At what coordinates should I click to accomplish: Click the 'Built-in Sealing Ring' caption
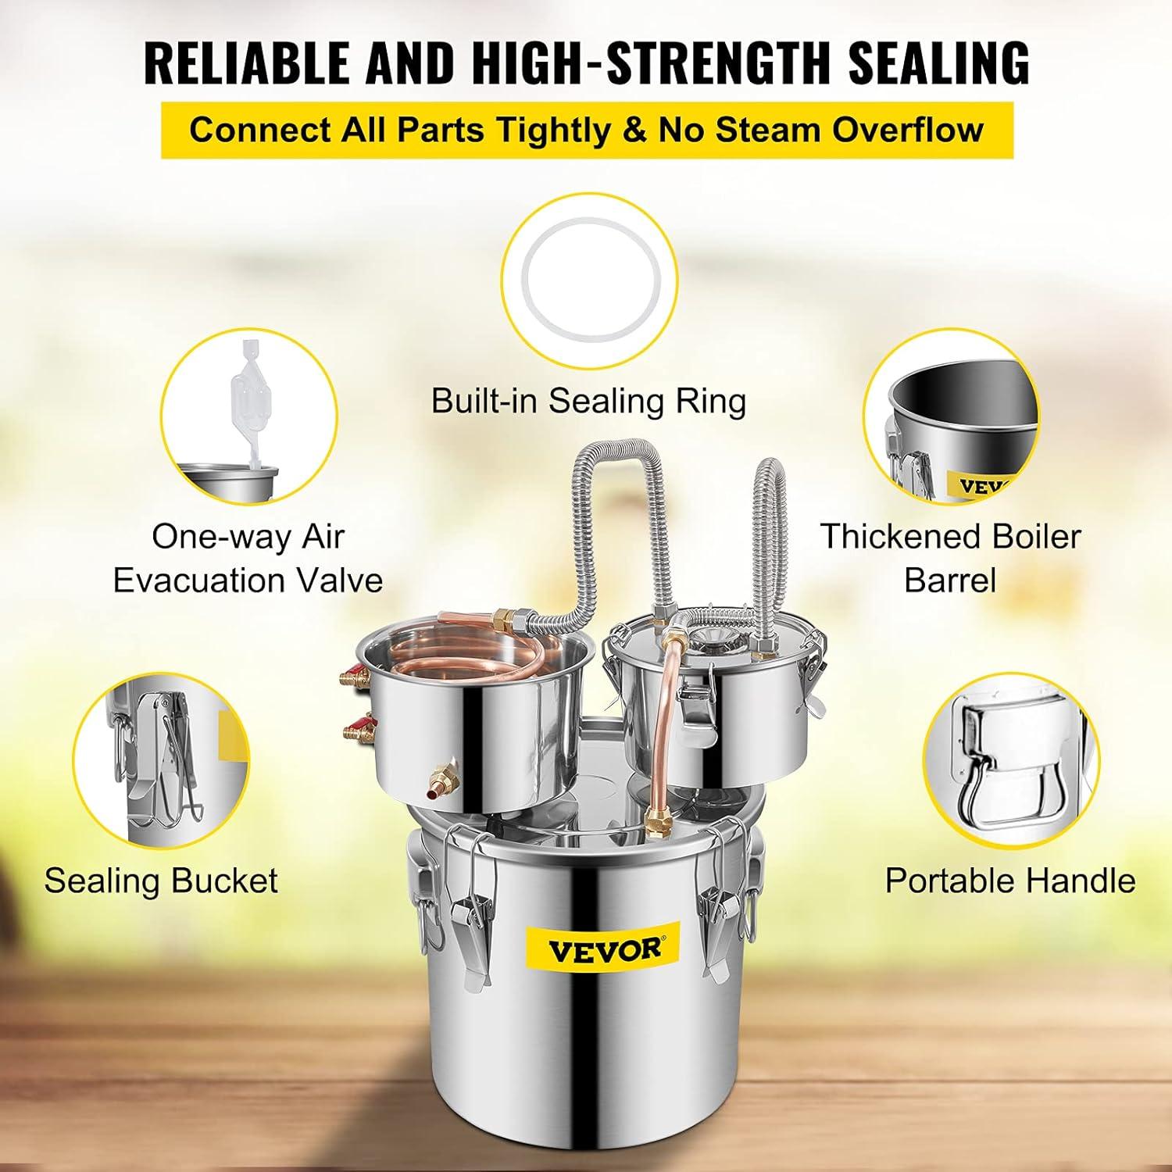pos(589,401)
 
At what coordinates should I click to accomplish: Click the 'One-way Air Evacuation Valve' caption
pos(248,559)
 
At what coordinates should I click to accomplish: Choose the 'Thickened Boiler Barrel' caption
pos(950,558)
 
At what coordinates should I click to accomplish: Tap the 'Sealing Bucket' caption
pos(161,881)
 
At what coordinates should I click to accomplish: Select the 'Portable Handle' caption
pos(1010,881)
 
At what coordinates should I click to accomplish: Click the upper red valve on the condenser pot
pos(356,675)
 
